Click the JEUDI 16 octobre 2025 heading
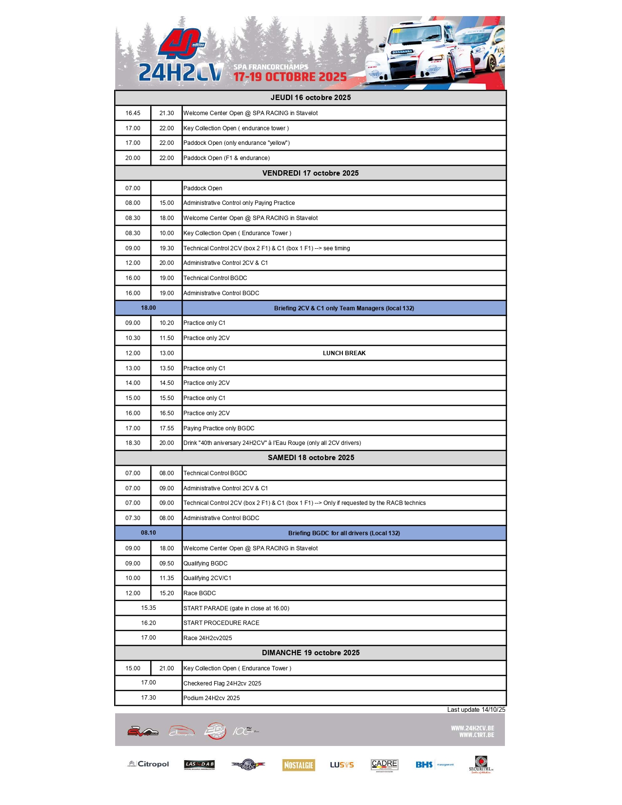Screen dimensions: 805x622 [310, 98]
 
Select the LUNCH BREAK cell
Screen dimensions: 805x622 [344, 353]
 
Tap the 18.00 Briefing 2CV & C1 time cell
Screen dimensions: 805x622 [148, 308]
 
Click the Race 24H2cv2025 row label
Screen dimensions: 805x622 [208, 638]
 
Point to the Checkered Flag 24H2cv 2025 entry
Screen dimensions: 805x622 [222, 684]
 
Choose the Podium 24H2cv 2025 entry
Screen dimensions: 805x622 [212, 698]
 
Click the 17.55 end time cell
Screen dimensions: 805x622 [166, 428]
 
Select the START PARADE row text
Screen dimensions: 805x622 [236, 608]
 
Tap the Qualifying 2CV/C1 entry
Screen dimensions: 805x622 [207, 578]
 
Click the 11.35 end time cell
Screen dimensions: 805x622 [166, 578]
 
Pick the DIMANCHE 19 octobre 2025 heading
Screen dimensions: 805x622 [310, 653]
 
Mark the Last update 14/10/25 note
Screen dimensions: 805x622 [476, 710]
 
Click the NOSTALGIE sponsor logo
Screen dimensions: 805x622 [299, 765]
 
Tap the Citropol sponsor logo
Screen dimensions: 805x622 [149, 764]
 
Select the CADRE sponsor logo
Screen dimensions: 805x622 [384, 765]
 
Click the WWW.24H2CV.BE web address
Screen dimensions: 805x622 [472, 728]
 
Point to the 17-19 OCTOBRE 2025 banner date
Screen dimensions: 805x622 [290, 77]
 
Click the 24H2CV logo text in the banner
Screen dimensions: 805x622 [181, 73]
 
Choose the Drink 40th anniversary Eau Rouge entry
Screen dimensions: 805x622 [272, 443]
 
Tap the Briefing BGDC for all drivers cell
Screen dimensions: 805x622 [344, 533]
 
